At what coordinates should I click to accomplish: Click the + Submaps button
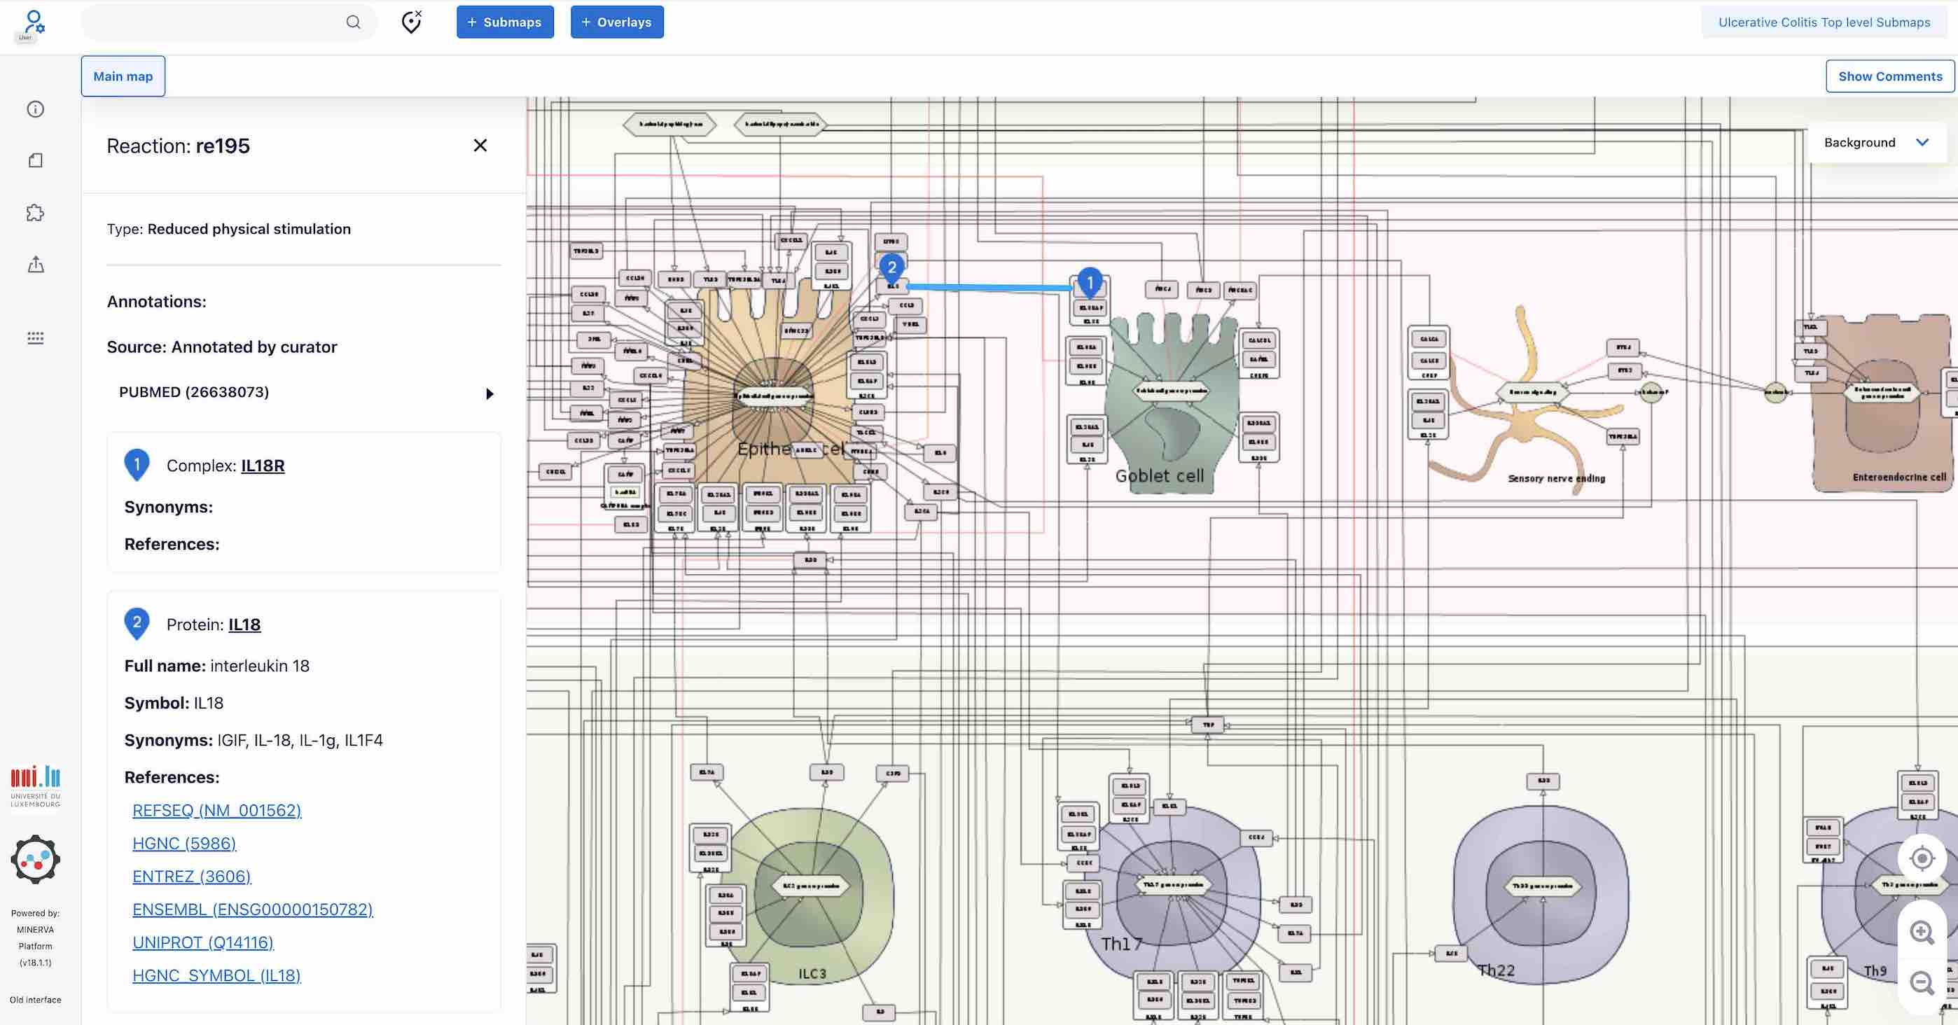505,22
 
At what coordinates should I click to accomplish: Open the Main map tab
123,76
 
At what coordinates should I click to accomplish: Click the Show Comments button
1889,76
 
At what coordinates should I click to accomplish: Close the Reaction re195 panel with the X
480,145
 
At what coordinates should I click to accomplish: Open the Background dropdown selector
1875,142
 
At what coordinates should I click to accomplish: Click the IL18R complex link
262,466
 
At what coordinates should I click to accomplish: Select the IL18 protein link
244,625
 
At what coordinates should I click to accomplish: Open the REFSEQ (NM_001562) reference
216,810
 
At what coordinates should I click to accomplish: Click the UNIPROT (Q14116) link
203,942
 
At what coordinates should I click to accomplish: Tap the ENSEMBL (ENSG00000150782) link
252,909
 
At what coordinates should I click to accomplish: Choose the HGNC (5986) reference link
184,844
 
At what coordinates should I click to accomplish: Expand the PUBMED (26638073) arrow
489,393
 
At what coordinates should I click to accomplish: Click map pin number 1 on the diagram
1089,282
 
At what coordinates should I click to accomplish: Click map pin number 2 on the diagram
891,267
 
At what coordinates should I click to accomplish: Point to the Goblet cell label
1159,476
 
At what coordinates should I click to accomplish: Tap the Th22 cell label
1496,970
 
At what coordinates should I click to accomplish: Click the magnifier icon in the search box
354,22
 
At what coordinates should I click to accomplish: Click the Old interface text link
35,1000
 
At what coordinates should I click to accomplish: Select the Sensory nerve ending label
1556,478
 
